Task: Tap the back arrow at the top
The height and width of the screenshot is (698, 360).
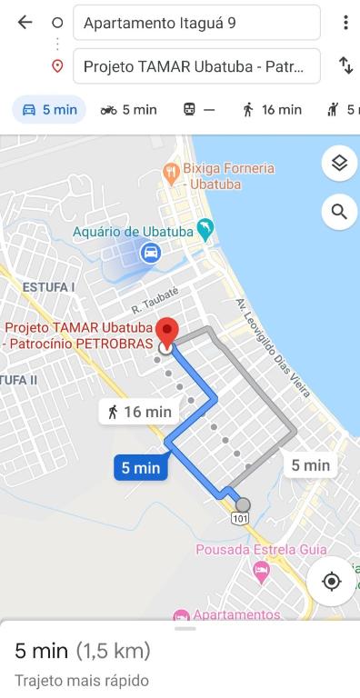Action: point(25,23)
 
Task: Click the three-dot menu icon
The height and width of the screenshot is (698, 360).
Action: point(345,23)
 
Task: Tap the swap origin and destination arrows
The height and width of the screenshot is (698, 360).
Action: point(345,65)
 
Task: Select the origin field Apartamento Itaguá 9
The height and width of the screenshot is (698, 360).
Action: point(196,23)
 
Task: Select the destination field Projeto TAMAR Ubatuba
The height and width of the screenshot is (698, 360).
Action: point(196,66)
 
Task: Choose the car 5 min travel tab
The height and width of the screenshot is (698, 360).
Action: point(49,110)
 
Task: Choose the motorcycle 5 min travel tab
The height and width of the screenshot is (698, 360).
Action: point(128,110)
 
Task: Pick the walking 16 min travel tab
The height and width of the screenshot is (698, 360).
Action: point(271,110)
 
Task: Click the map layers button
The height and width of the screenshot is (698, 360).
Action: point(339,164)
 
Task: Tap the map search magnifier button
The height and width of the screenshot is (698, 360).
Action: point(339,212)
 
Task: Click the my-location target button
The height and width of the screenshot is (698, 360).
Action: point(332,581)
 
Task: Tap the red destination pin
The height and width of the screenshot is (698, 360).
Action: point(166,332)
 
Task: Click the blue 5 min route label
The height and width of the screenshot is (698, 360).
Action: point(141,468)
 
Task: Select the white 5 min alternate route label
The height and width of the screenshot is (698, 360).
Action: point(310,465)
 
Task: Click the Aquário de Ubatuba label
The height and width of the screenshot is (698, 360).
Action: point(133,232)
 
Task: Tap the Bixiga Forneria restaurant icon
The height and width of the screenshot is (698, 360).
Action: point(170,171)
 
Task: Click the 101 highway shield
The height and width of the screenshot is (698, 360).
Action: point(239,518)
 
